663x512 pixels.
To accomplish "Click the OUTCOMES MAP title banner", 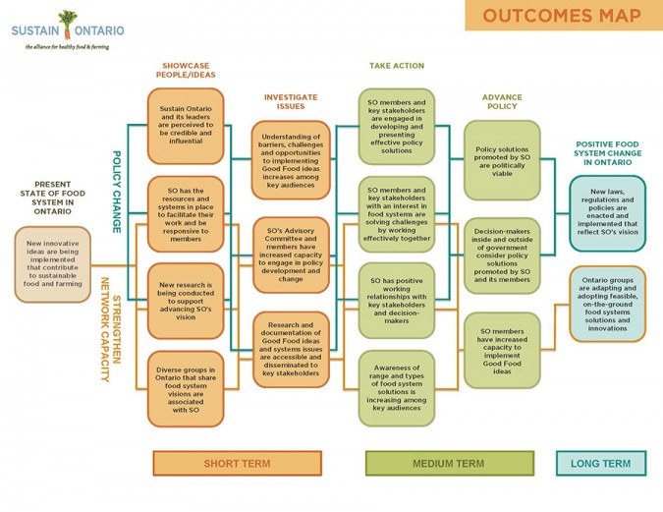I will pos(563,15).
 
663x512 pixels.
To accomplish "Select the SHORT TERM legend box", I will pos(237,464).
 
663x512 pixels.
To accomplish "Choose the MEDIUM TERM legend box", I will pos(448,464).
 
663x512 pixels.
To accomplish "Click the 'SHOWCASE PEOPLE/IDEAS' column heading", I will pos(187,70).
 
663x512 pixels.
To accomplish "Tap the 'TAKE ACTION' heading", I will pos(397,66).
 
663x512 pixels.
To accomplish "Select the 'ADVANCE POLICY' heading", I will pos(502,101).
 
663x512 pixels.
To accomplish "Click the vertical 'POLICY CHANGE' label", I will pos(116,191).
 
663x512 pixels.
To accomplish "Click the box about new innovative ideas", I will pos(54,264).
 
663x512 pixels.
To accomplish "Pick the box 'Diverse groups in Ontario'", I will pos(186,389).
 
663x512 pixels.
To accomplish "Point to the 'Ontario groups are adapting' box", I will pos(607,303).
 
